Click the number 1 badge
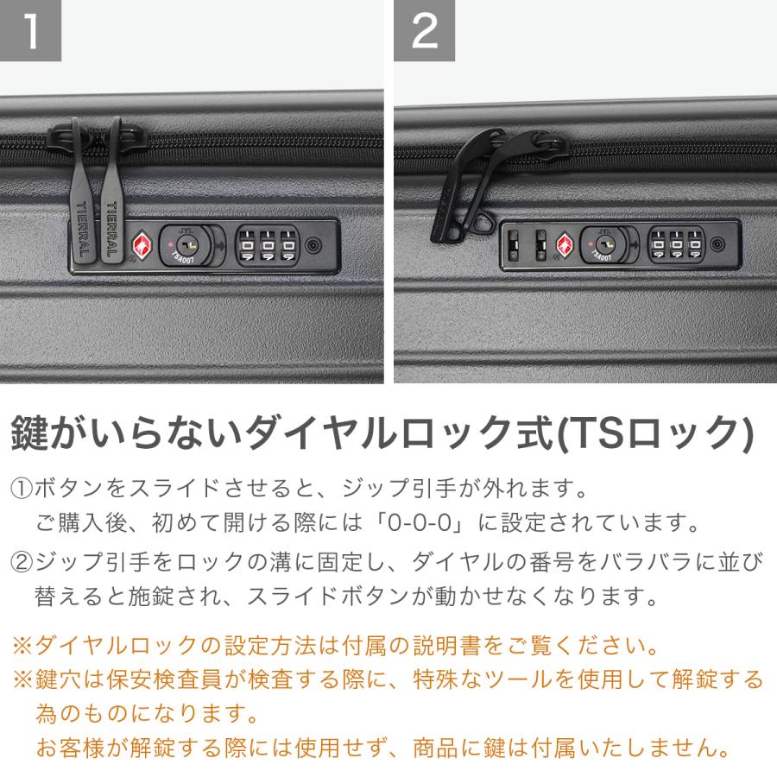point(30,30)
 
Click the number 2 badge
point(424,30)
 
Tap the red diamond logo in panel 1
point(142,244)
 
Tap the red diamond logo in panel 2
point(565,245)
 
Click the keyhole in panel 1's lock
point(187,244)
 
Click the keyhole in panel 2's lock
point(605,244)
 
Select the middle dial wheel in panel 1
point(268,245)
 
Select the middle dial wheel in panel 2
point(676,245)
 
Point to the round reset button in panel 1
point(313,245)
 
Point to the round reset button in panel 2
point(717,244)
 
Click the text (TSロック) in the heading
point(657,433)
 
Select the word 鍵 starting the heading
point(29,433)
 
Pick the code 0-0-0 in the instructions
point(420,523)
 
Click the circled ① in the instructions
point(22,489)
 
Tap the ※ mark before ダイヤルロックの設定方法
point(22,646)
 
